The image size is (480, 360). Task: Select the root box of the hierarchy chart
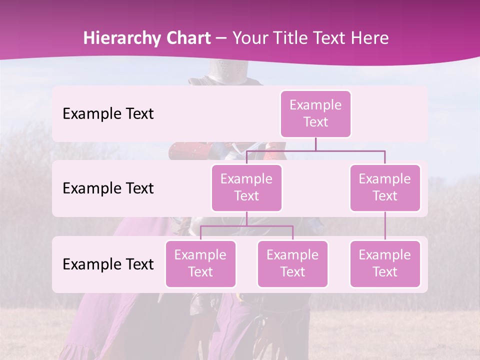point(315,113)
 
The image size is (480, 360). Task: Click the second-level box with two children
point(246,187)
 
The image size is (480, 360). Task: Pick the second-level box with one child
point(384,187)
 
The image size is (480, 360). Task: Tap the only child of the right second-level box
point(384,263)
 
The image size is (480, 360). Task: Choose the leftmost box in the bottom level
point(200,263)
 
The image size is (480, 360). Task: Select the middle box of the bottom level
point(292,263)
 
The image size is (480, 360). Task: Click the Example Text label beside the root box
point(108,113)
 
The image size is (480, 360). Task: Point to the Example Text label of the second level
point(108,188)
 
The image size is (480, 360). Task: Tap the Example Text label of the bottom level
point(108,264)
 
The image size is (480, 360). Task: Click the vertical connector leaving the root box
point(315,144)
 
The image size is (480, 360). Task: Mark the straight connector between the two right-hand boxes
point(384,225)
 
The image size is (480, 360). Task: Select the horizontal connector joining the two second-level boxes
point(315,150)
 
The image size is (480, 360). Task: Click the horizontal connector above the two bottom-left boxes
point(246,226)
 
